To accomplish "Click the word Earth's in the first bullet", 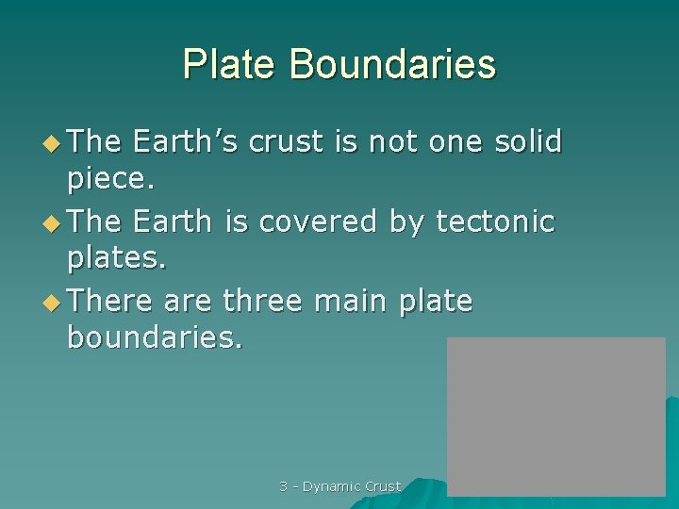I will (186, 141).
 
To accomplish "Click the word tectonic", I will (495, 222).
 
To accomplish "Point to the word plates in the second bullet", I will (116, 259).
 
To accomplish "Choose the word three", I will (262, 302).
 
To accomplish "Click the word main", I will (352, 302).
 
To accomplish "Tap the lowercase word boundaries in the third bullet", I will (155, 339).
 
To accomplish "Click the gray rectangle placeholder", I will (555, 416).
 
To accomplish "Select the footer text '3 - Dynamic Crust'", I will (339, 486).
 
